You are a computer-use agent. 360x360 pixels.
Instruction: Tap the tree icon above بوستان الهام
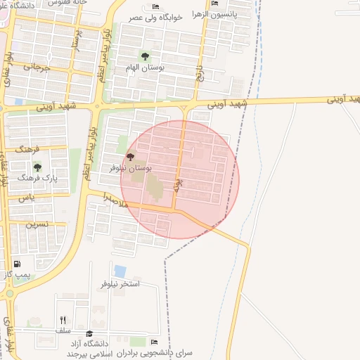145,56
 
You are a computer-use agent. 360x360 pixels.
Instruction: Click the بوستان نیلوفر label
131,169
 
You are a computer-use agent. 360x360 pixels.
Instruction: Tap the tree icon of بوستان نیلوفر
130,157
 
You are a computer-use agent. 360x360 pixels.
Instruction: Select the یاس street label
27,199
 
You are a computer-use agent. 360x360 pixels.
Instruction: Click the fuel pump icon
17,265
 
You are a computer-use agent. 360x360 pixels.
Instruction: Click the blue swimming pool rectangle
120,271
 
